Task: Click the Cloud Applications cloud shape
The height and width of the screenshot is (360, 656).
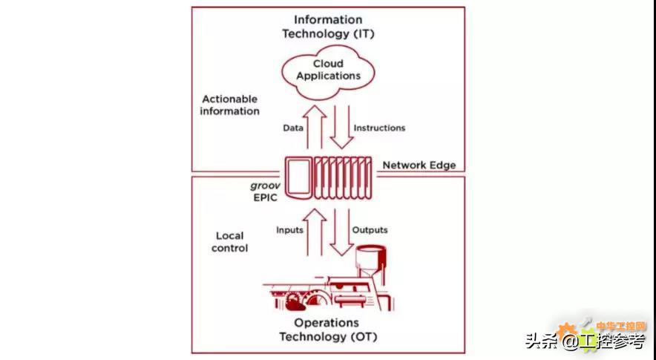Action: pyautogui.click(x=327, y=70)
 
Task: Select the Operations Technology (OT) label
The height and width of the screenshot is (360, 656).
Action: pyautogui.click(x=327, y=330)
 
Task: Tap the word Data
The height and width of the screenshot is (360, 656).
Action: pyautogui.click(x=293, y=128)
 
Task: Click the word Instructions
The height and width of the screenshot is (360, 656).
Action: pyautogui.click(x=379, y=128)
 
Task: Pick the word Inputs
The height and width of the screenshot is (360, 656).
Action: pyautogui.click(x=289, y=230)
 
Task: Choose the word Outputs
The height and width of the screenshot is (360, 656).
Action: pyautogui.click(x=370, y=230)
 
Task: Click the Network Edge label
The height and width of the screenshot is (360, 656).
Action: pyautogui.click(x=419, y=165)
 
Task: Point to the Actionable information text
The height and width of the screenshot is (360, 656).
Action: pyautogui.click(x=230, y=105)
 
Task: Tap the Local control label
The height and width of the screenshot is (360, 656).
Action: pyautogui.click(x=229, y=242)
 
